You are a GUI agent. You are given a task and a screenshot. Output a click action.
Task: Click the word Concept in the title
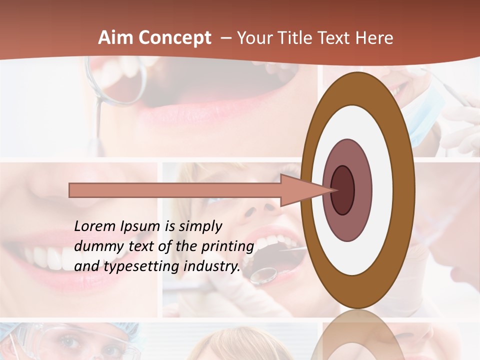tap(174, 38)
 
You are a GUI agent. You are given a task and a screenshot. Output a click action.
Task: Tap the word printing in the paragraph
tap(227, 247)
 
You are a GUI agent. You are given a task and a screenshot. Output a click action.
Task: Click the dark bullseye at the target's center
tap(342, 190)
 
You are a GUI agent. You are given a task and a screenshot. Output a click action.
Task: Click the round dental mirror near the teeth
tap(263, 274)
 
